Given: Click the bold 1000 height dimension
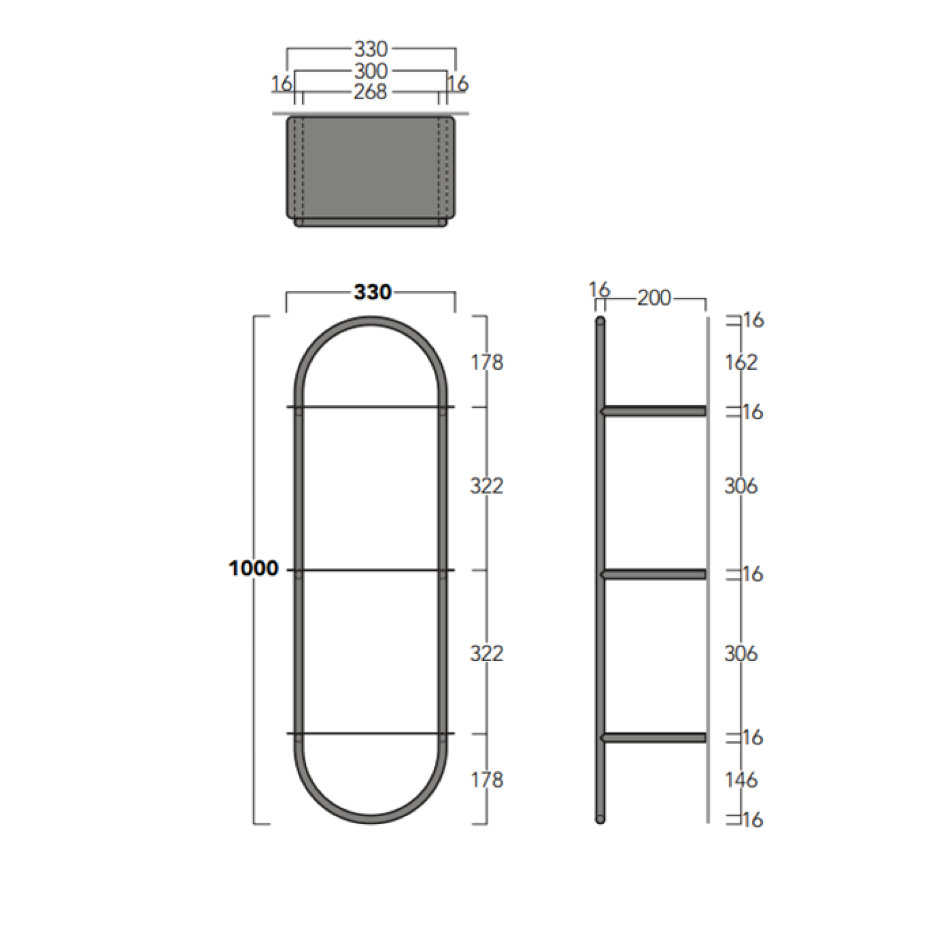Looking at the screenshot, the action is [253, 568].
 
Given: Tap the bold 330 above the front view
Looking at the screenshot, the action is [372, 292].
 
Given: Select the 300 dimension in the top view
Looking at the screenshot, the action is [370, 71].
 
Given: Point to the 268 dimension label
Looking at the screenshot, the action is [370, 92].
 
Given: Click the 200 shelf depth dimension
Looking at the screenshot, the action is [654, 298].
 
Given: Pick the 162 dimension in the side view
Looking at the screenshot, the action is [741, 362].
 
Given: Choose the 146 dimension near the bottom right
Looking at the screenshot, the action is [741, 779].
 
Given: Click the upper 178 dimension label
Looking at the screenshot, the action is [487, 362].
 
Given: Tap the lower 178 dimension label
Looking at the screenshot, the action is [487, 779].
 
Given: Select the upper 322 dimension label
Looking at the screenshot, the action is [487, 485].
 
